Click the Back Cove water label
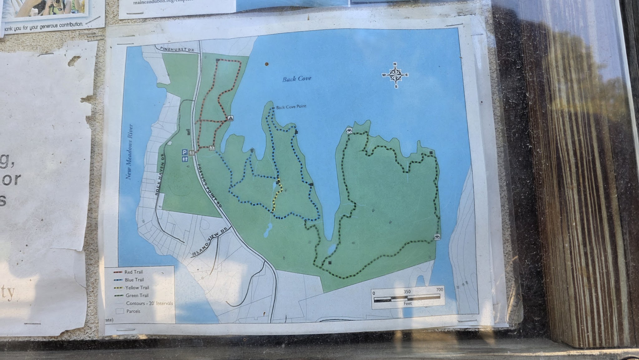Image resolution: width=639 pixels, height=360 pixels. click(x=297, y=79)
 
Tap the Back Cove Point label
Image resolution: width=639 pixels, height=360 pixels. click(x=291, y=106)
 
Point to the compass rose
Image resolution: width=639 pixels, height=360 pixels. click(x=395, y=75)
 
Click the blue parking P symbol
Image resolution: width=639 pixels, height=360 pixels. click(x=184, y=152)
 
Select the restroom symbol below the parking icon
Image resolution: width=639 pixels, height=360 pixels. click(x=184, y=159)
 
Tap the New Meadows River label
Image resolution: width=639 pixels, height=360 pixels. click(x=129, y=152)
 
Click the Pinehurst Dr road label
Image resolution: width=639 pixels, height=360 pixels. click(x=177, y=49)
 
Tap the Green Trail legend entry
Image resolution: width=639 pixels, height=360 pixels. click(x=137, y=295)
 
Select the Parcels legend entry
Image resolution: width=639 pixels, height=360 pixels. click(x=133, y=311)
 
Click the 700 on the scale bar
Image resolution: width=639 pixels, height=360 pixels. click(x=439, y=289)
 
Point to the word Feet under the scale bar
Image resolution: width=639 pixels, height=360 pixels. click(x=407, y=303)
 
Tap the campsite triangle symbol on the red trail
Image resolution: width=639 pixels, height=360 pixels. click(x=230, y=118)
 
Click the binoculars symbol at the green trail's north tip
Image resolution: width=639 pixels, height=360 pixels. click(x=349, y=131)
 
